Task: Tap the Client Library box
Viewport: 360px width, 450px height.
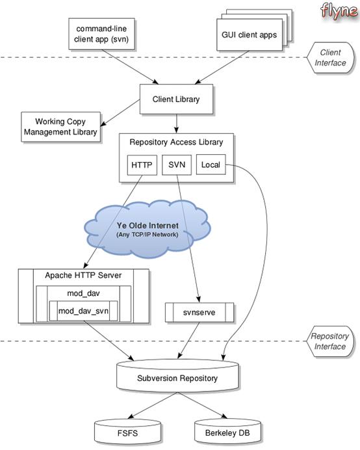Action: [x=175, y=99]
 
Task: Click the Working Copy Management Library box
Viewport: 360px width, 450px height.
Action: [x=60, y=126]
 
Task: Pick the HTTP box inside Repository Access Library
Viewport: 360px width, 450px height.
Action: [x=141, y=165]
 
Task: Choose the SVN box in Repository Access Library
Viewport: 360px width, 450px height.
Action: [x=176, y=165]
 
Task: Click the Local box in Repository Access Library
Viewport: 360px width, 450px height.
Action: [x=211, y=165]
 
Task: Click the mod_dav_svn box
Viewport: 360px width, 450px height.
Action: [x=83, y=311]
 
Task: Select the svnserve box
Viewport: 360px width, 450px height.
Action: [x=199, y=312]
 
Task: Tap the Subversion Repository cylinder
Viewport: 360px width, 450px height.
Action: [x=177, y=377]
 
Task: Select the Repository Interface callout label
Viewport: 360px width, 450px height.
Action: [x=328, y=341]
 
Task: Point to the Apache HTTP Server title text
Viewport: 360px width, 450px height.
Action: [x=83, y=275]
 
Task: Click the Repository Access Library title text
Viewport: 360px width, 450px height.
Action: [x=175, y=142]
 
